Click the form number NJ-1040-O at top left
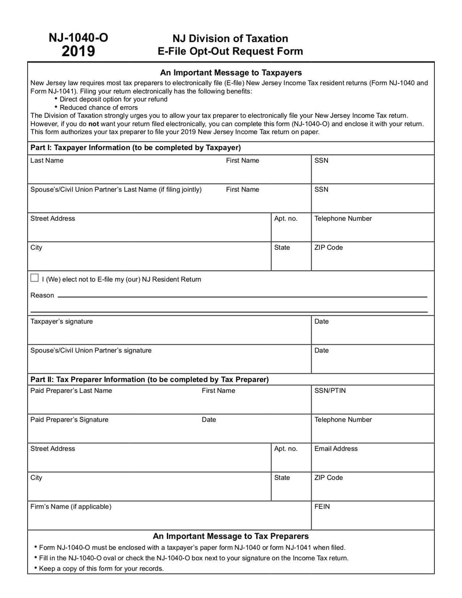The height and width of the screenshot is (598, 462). coord(78,38)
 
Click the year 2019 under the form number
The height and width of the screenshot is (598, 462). coord(79,52)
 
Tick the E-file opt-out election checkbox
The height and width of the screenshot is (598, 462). coord(35,278)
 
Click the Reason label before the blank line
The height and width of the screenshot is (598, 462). coord(42,295)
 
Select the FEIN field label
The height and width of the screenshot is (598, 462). coord(322,507)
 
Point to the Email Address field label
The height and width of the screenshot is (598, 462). coord(336,448)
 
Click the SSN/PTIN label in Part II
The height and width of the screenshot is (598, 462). coord(330,391)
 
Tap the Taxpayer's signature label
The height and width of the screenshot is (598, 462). coord(61,321)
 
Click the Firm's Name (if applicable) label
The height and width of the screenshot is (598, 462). coord(70,507)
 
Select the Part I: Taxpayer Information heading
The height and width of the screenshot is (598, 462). coord(135,147)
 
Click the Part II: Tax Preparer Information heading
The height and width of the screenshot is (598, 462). coord(149,380)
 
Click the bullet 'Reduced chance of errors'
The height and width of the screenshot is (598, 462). coord(99,107)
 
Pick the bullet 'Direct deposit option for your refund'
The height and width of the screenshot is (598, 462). coord(113,99)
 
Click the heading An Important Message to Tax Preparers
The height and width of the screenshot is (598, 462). coord(230,536)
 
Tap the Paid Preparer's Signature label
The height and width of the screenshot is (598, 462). coord(69,419)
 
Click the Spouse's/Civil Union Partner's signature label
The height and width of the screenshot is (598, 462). coord(91,350)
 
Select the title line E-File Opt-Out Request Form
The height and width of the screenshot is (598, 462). coord(230,51)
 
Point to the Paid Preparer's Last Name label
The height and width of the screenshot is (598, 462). coord(71,391)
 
